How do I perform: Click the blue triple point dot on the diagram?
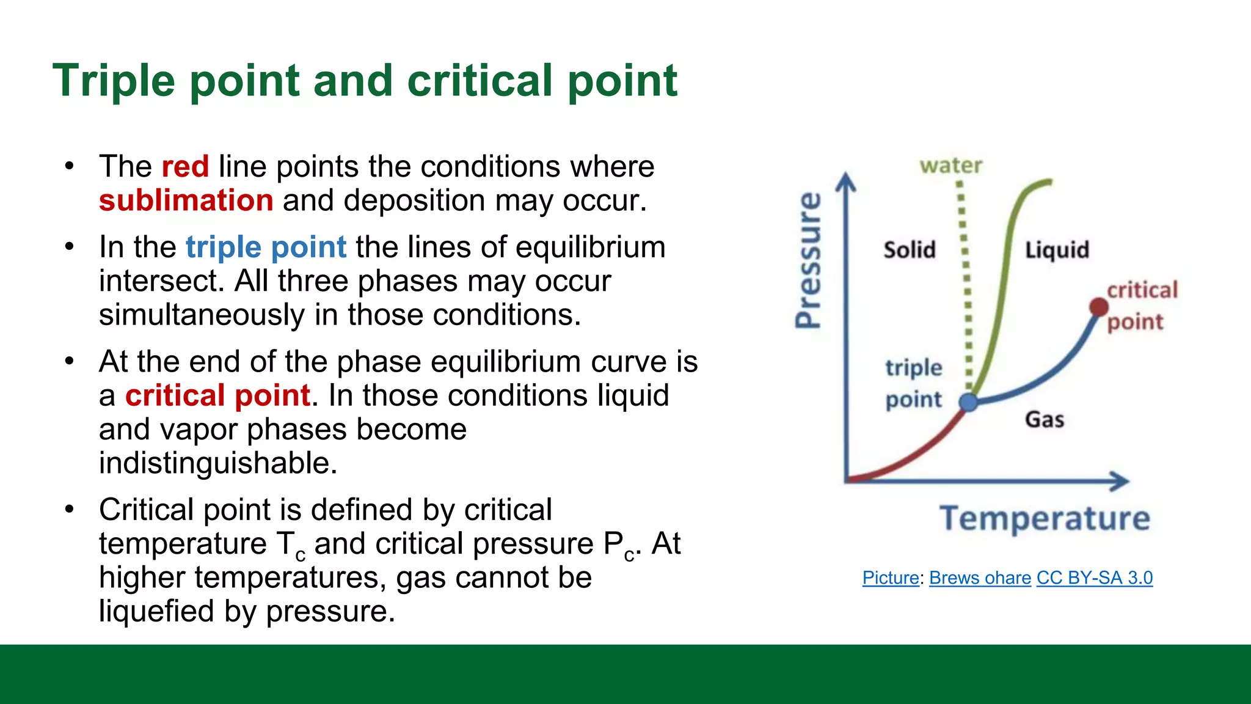pyautogui.click(x=969, y=402)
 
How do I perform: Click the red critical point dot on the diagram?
pyautogui.click(x=1099, y=307)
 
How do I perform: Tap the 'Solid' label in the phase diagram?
pyautogui.click(x=910, y=250)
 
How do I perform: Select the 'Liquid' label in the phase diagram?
pyautogui.click(x=1057, y=250)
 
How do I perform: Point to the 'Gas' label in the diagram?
pyautogui.click(x=1045, y=420)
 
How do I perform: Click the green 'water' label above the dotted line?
pyautogui.click(x=951, y=166)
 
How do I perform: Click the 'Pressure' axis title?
pyautogui.click(x=809, y=260)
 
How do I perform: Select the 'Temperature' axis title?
pyautogui.click(x=1045, y=518)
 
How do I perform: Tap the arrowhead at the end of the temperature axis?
pyautogui.click(x=1121, y=481)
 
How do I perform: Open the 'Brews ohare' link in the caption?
pyautogui.click(x=980, y=578)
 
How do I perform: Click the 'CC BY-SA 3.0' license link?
pyautogui.click(x=1095, y=578)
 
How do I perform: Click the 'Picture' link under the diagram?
pyautogui.click(x=891, y=578)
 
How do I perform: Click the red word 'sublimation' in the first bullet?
pyautogui.click(x=186, y=200)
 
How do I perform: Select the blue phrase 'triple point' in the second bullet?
pyautogui.click(x=266, y=248)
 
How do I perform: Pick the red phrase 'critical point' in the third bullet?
pyautogui.click(x=217, y=395)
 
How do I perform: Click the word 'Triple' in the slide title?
pyautogui.click(x=114, y=81)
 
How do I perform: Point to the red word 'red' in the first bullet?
pyautogui.click(x=185, y=166)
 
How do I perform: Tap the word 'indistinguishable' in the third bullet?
pyautogui.click(x=217, y=463)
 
